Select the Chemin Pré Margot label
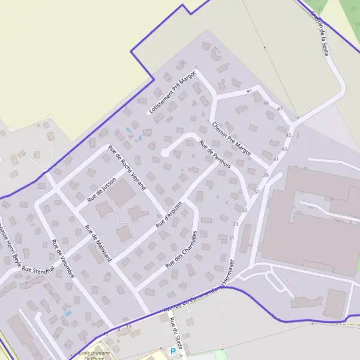coord(231,134)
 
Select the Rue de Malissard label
coord(98,242)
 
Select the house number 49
coord(266,103)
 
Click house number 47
coord(280,109)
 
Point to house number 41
coord(276,160)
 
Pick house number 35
coord(244,210)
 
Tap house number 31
coord(231,238)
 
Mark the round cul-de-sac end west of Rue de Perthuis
coord(164,154)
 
